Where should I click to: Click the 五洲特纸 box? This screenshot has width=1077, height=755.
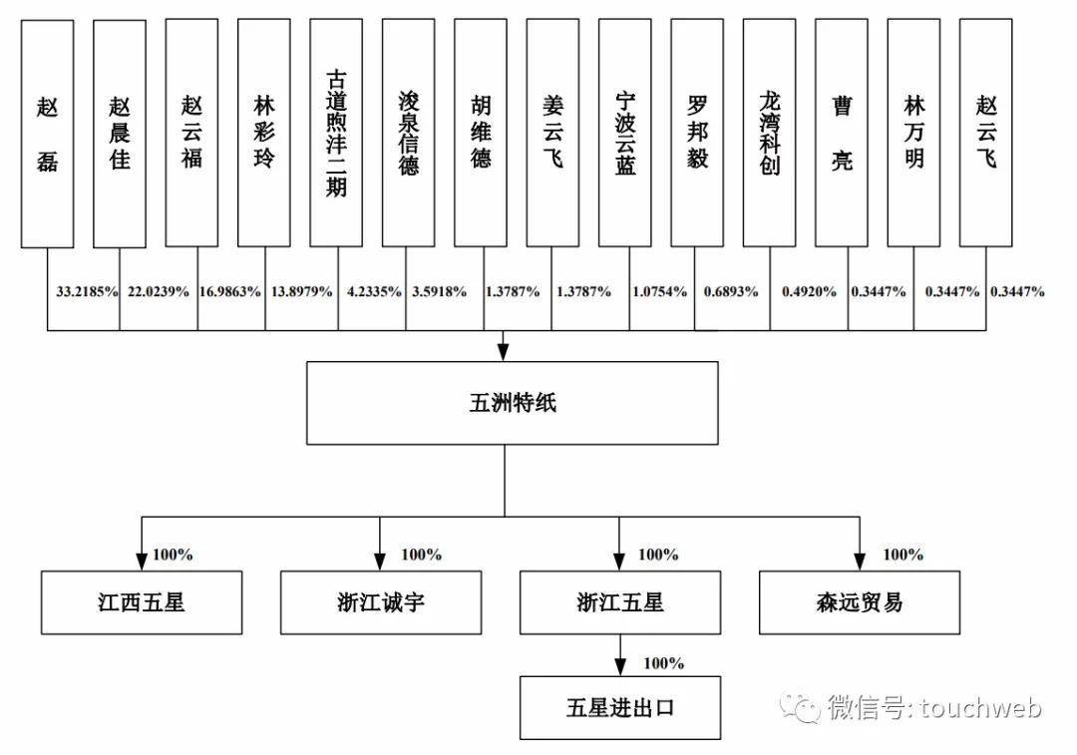pos(512,403)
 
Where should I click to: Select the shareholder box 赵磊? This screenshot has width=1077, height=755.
pos(47,133)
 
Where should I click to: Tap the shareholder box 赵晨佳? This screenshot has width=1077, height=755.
pos(120,133)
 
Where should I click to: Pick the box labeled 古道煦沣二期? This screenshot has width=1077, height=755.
pos(336,133)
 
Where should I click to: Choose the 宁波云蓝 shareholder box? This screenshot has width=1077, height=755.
pos(625,133)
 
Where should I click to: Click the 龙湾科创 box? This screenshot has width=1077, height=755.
pos(769,133)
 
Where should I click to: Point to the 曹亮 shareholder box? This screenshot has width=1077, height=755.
pos(842,133)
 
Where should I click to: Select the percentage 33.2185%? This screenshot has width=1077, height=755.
pos(86,292)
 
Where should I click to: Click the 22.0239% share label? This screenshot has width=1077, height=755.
pos(158,292)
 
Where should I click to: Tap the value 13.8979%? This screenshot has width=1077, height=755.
pos(301,292)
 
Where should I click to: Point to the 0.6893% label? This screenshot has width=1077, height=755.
pos(730,292)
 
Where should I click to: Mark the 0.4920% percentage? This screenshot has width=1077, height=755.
pos(809,292)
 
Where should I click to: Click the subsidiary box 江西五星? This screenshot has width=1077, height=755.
pos(142,602)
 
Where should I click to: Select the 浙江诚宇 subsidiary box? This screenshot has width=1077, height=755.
pos(380,602)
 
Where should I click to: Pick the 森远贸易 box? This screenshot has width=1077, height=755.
pos(860,602)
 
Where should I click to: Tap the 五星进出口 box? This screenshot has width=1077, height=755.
pos(620,707)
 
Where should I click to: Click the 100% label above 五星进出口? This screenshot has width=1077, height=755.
pos(664,663)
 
